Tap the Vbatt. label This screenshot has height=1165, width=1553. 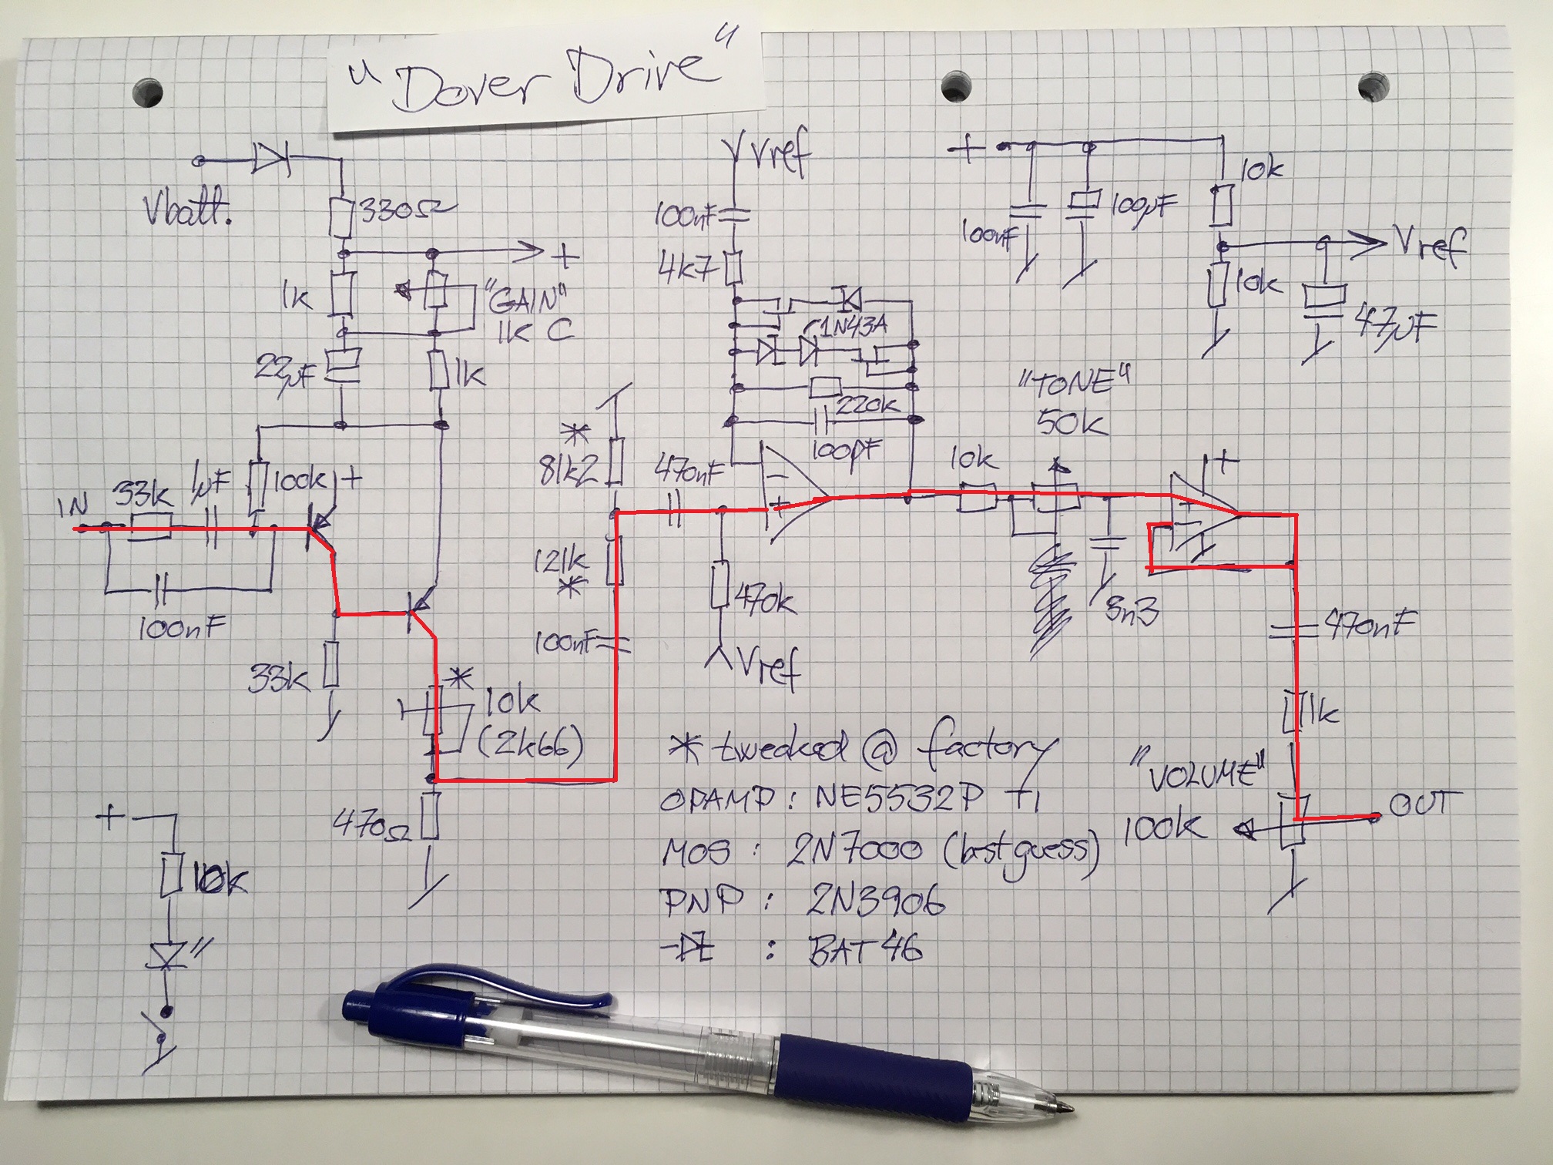point(187,209)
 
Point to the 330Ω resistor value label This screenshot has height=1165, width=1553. point(404,210)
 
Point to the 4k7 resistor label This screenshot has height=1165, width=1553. point(687,268)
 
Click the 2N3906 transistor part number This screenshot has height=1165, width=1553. point(874,900)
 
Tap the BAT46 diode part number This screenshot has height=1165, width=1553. point(864,950)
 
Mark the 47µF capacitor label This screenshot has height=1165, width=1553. point(1395,326)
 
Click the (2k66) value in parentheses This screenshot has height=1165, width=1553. point(531,744)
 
